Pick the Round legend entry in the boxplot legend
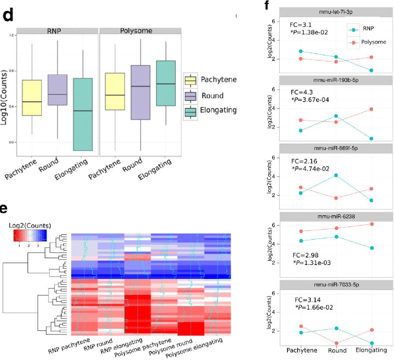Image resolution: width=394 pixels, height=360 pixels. pos(212,96)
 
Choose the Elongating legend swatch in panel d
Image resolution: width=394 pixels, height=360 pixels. pos(191,112)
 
